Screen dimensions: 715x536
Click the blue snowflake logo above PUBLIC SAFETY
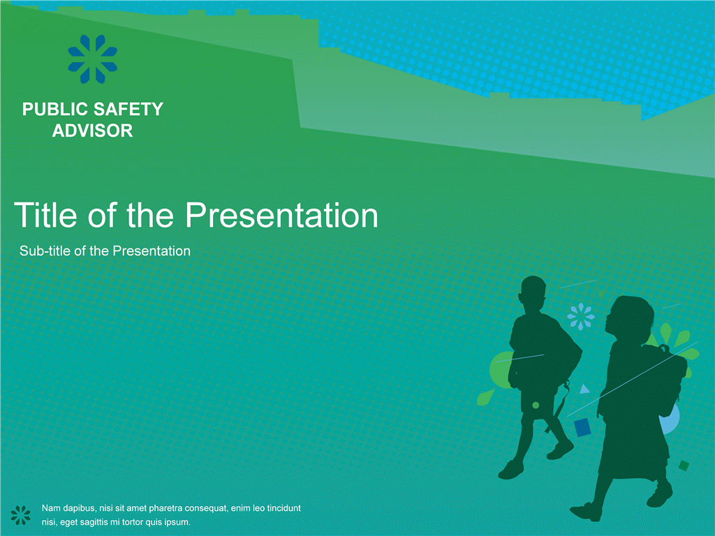93,59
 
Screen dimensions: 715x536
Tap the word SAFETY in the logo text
128,110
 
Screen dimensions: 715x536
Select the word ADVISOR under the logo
93,131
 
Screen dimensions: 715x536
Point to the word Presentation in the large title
282,215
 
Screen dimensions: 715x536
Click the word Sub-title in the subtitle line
45,251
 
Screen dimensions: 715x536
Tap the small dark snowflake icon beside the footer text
20,515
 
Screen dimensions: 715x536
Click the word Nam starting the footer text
50,508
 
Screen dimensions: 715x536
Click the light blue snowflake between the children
580,316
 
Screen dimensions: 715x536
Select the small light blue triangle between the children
584,389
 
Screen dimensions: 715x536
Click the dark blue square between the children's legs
582,428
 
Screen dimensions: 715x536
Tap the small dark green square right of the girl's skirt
684,466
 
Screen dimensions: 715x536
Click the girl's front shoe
587,512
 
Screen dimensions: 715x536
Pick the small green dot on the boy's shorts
536,405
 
